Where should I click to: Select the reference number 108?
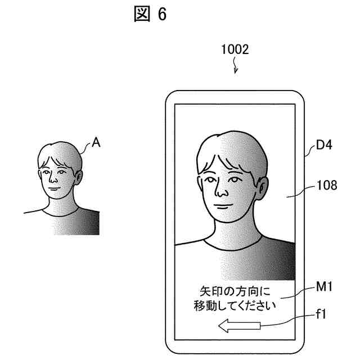(326, 184)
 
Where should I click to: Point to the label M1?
(326, 288)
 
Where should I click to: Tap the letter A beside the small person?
(96, 143)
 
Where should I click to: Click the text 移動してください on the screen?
(235, 307)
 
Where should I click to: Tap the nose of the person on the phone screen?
(221, 194)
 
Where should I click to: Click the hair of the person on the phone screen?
(231, 149)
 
